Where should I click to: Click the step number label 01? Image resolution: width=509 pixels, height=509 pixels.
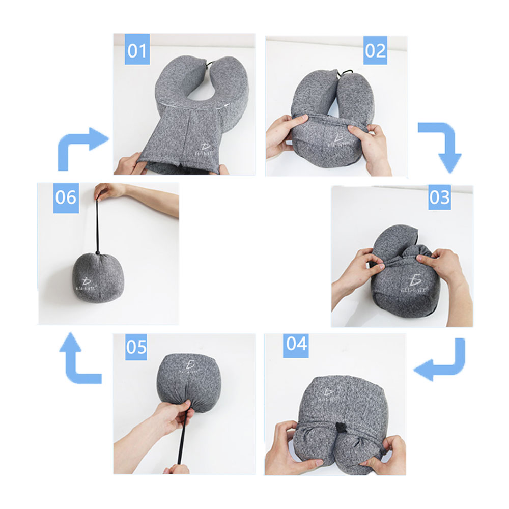[136, 51]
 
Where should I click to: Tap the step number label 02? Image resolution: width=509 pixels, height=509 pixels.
[375, 51]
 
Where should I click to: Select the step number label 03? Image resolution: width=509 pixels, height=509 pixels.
[439, 197]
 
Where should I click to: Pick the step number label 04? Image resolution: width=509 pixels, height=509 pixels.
[296, 344]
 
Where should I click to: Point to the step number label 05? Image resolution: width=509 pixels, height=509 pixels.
[136, 348]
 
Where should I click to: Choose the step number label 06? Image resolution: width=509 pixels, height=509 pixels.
[66, 197]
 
